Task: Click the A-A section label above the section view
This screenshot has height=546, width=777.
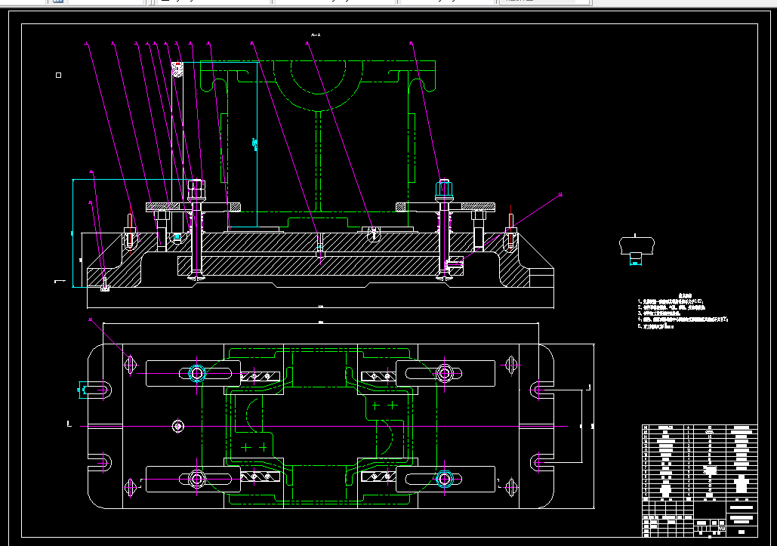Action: [316, 35]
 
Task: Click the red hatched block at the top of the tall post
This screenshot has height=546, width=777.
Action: [178, 70]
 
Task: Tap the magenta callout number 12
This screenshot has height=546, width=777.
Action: [560, 196]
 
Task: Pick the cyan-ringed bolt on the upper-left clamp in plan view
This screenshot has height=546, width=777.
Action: [197, 372]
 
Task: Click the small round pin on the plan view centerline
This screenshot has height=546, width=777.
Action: [178, 427]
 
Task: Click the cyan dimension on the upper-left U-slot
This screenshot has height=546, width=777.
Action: [81, 390]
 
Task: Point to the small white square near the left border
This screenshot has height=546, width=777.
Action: [59, 75]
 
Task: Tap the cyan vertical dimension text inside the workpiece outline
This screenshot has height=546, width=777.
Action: [254, 143]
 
